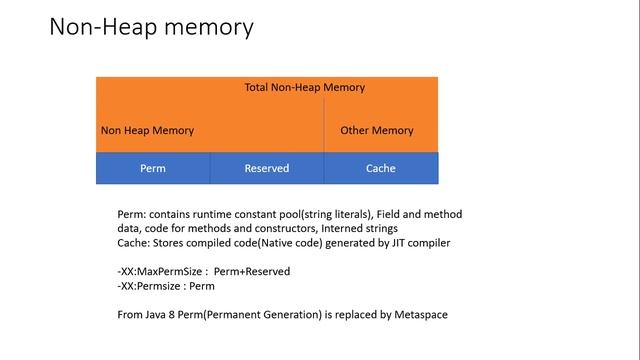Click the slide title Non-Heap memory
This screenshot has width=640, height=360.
click(x=151, y=27)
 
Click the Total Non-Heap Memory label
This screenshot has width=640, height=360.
click(x=304, y=87)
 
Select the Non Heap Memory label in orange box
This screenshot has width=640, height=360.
click(x=147, y=131)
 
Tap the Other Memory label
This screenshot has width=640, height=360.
click(x=376, y=131)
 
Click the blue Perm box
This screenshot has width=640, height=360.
click(x=153, y=168)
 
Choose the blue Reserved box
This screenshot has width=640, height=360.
click(x=266, y=168)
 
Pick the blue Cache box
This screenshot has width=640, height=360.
click(x=380, y=168)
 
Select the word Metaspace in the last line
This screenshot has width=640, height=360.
click(x=420, y=314)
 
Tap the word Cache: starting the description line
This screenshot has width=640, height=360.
click(x=134, y=242)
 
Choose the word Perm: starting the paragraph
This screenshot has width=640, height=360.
click(x=132, y=214)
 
